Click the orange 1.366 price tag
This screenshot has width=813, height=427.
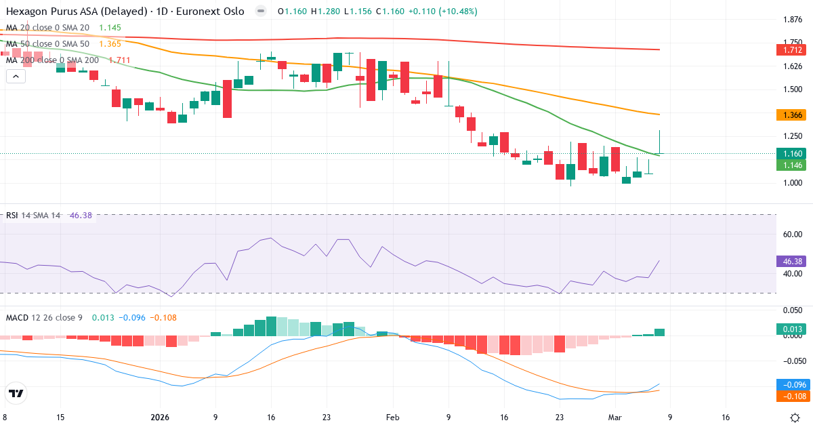click(791, 115)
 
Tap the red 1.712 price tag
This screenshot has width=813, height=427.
click(791, 50)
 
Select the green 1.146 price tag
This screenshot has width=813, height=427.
click(791, 165)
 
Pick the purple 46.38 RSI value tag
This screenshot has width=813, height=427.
click(791, 261)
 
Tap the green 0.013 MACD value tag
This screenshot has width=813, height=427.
click(791, 329)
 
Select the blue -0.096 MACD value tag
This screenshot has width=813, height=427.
click(791, 384)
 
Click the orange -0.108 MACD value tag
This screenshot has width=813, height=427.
click(791, 395)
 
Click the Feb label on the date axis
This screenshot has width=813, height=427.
click(393, 417)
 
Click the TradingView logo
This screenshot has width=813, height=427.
click(16, 394)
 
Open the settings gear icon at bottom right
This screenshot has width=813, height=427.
click(797, 417)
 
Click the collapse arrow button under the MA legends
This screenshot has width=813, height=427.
click(16, 77)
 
